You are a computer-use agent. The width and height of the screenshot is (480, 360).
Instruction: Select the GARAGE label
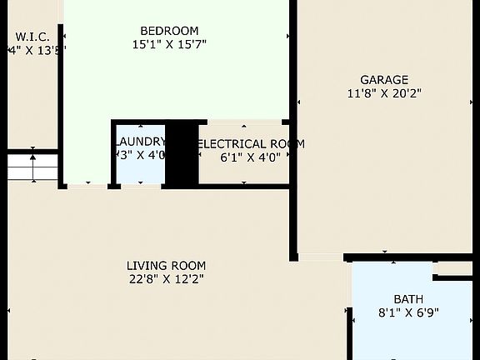(x=384, y=80)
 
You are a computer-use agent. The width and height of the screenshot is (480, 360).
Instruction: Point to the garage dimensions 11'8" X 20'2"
(x=384, y=93)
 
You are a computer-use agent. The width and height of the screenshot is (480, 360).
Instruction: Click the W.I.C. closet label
(x=32, y=37)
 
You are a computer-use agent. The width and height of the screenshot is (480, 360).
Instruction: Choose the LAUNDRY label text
(x=141, y=142)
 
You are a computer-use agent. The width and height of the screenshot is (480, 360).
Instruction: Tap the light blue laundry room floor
(x=140, y=171)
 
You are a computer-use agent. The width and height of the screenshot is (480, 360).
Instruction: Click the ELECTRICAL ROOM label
(x=250, y=143)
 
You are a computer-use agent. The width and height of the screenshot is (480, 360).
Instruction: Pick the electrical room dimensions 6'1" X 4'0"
(x=250, y=157)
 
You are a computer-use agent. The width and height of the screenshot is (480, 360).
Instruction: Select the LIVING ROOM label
(x=166, y=266)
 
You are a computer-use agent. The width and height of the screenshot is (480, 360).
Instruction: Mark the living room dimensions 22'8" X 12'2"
(x=166, y=279)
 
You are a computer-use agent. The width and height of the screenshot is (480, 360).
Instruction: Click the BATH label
(x=408, y=299)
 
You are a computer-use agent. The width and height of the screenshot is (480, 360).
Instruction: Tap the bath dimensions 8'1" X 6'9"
(x=408, y=312)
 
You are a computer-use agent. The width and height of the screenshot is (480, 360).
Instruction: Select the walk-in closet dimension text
(x=35, y=50)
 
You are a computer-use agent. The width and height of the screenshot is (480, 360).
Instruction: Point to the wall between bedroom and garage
(x=293, y=125)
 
